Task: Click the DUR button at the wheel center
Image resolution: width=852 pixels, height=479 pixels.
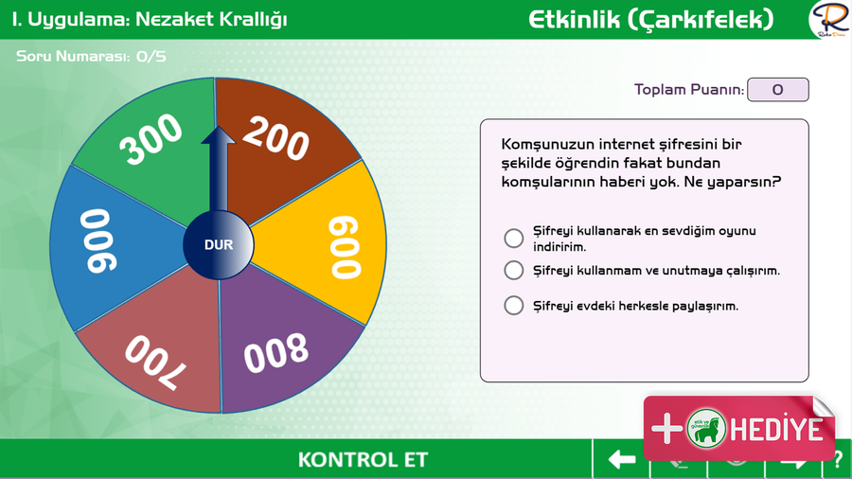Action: coord(219,245)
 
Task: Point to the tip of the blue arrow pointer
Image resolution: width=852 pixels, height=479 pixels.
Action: coord(218,127)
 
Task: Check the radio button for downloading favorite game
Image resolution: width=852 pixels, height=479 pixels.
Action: coord(513,238)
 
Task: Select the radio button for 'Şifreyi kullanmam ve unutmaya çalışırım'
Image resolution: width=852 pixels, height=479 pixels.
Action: coord(513,270)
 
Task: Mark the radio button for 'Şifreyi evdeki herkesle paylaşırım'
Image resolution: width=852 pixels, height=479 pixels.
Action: coord(513,305)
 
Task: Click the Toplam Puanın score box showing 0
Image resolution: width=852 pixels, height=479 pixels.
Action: coord(778,90)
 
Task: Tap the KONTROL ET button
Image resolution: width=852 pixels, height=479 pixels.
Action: coord(363,459)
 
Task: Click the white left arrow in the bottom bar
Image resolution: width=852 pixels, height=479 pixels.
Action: coord(622,459)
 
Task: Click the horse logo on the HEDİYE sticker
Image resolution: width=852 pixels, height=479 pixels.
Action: coord(706,429)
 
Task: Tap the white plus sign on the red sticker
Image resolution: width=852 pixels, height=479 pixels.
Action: coord(666,429)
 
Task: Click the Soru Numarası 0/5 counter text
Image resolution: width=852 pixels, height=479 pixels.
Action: coord(91,57)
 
